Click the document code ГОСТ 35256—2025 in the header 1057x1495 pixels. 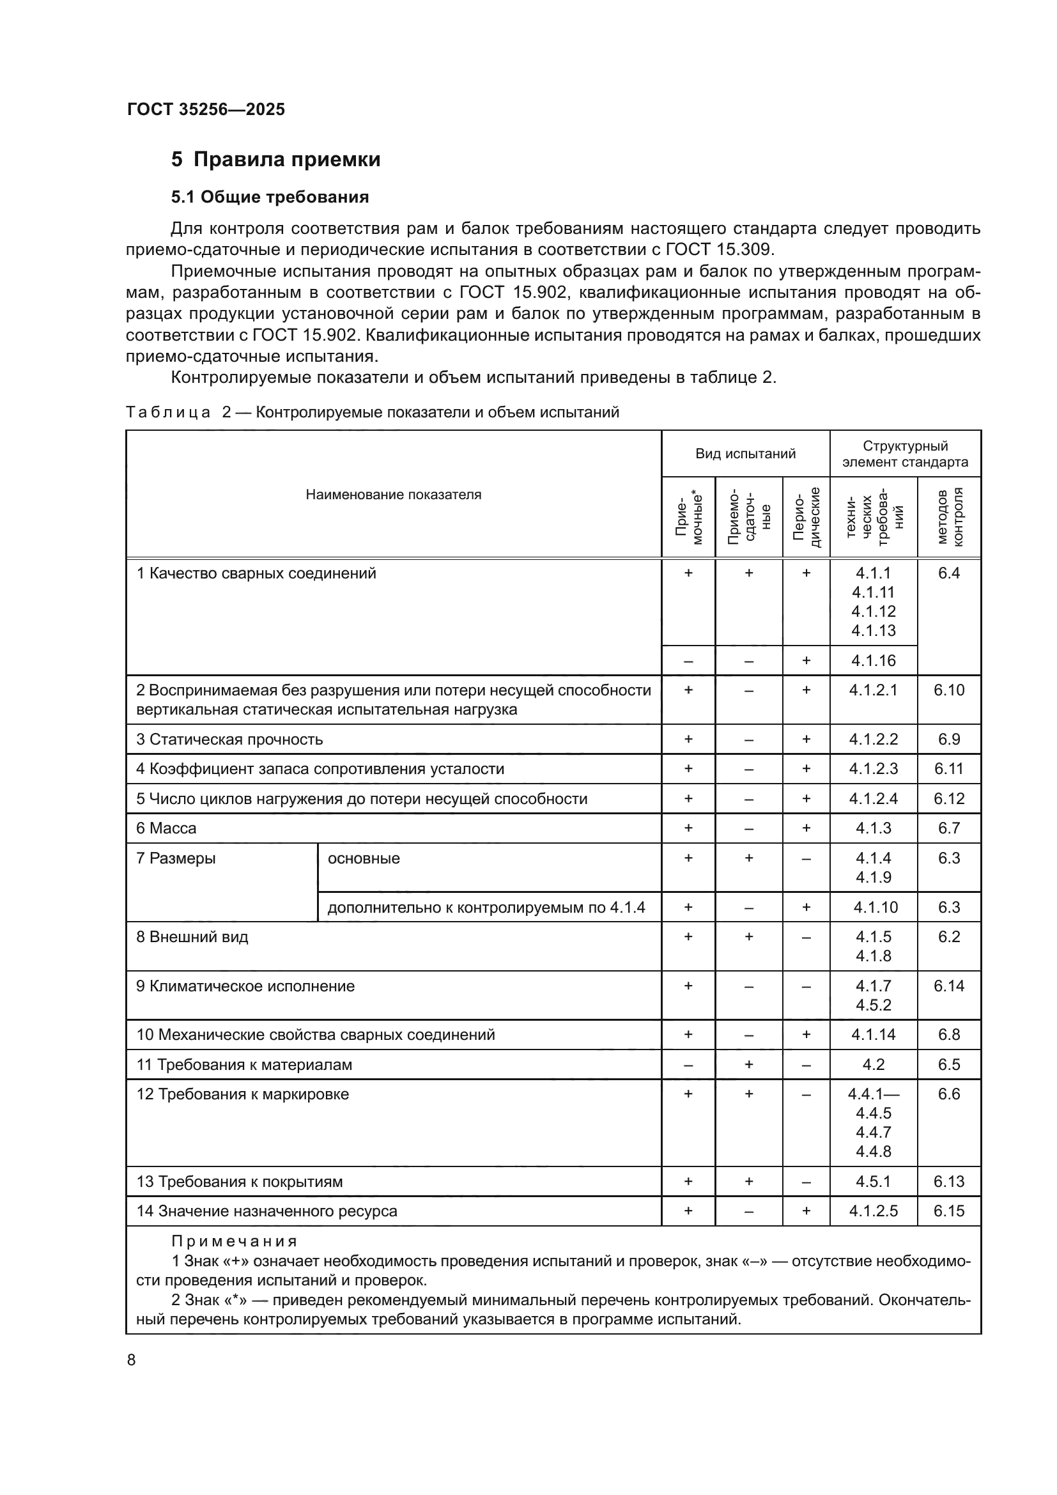tap(206, 109)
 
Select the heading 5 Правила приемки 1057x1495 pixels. tap(275, 160)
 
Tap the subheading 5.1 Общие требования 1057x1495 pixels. tap(270, 198)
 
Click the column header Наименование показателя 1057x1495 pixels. tap(393, 494)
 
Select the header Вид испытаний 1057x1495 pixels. tap(745, 454)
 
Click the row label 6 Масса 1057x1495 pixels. tap(167, 828)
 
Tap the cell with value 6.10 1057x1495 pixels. tap(948, 690)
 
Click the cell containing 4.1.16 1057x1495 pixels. tap(874, 661)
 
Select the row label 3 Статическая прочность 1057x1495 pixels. tap(229, 740)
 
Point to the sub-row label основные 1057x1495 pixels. tap(364, 858)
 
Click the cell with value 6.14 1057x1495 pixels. tap(948, 986)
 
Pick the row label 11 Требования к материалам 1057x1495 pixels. tap(244, 1065)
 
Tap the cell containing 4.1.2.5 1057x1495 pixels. tap(874, 1211)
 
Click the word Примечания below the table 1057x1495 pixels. tap(235, 1241)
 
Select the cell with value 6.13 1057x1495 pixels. tap(948, 1182)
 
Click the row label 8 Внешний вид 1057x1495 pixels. tap(192, 937)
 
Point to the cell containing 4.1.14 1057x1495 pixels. tap(874, 1035)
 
